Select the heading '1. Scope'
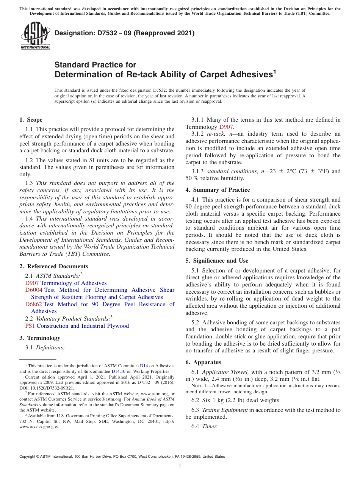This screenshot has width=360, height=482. tap(31, 120)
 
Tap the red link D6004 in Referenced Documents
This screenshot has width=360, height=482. tap(34, 290)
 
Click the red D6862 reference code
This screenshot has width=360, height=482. tap(34, 304)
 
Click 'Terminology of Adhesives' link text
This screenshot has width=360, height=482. tap(74, 283)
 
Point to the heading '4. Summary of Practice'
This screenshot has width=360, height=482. tap(218, 190)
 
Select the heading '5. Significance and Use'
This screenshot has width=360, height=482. tap(217, 261)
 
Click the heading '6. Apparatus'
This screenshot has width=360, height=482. tap(203, 362)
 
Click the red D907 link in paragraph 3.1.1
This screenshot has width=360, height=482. tap(226, 127)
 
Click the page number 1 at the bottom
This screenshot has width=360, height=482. tap(180, 466)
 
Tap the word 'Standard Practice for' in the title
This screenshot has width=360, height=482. tap(95, 65)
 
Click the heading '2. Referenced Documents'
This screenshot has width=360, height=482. tap(54, 266)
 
